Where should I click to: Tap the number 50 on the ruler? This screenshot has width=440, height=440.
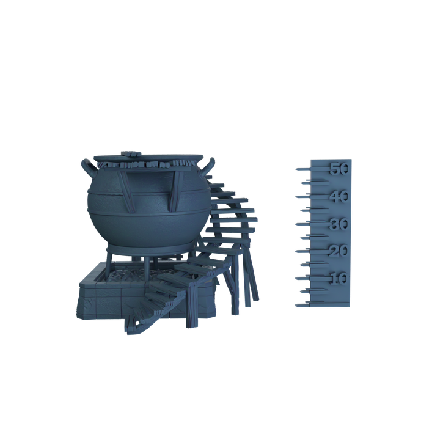[x=340, y=169]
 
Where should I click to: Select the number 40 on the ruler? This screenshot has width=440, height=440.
[x=339, y=196]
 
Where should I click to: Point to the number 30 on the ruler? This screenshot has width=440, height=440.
[x=339, y=224]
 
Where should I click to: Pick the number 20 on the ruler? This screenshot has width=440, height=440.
[x=339, y=251]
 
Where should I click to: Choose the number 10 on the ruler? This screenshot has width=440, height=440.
[x=339, y=279]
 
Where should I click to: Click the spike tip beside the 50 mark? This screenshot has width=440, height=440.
[x=296, y=169]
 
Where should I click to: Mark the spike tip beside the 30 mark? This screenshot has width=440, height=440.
[x=296, y=224]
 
